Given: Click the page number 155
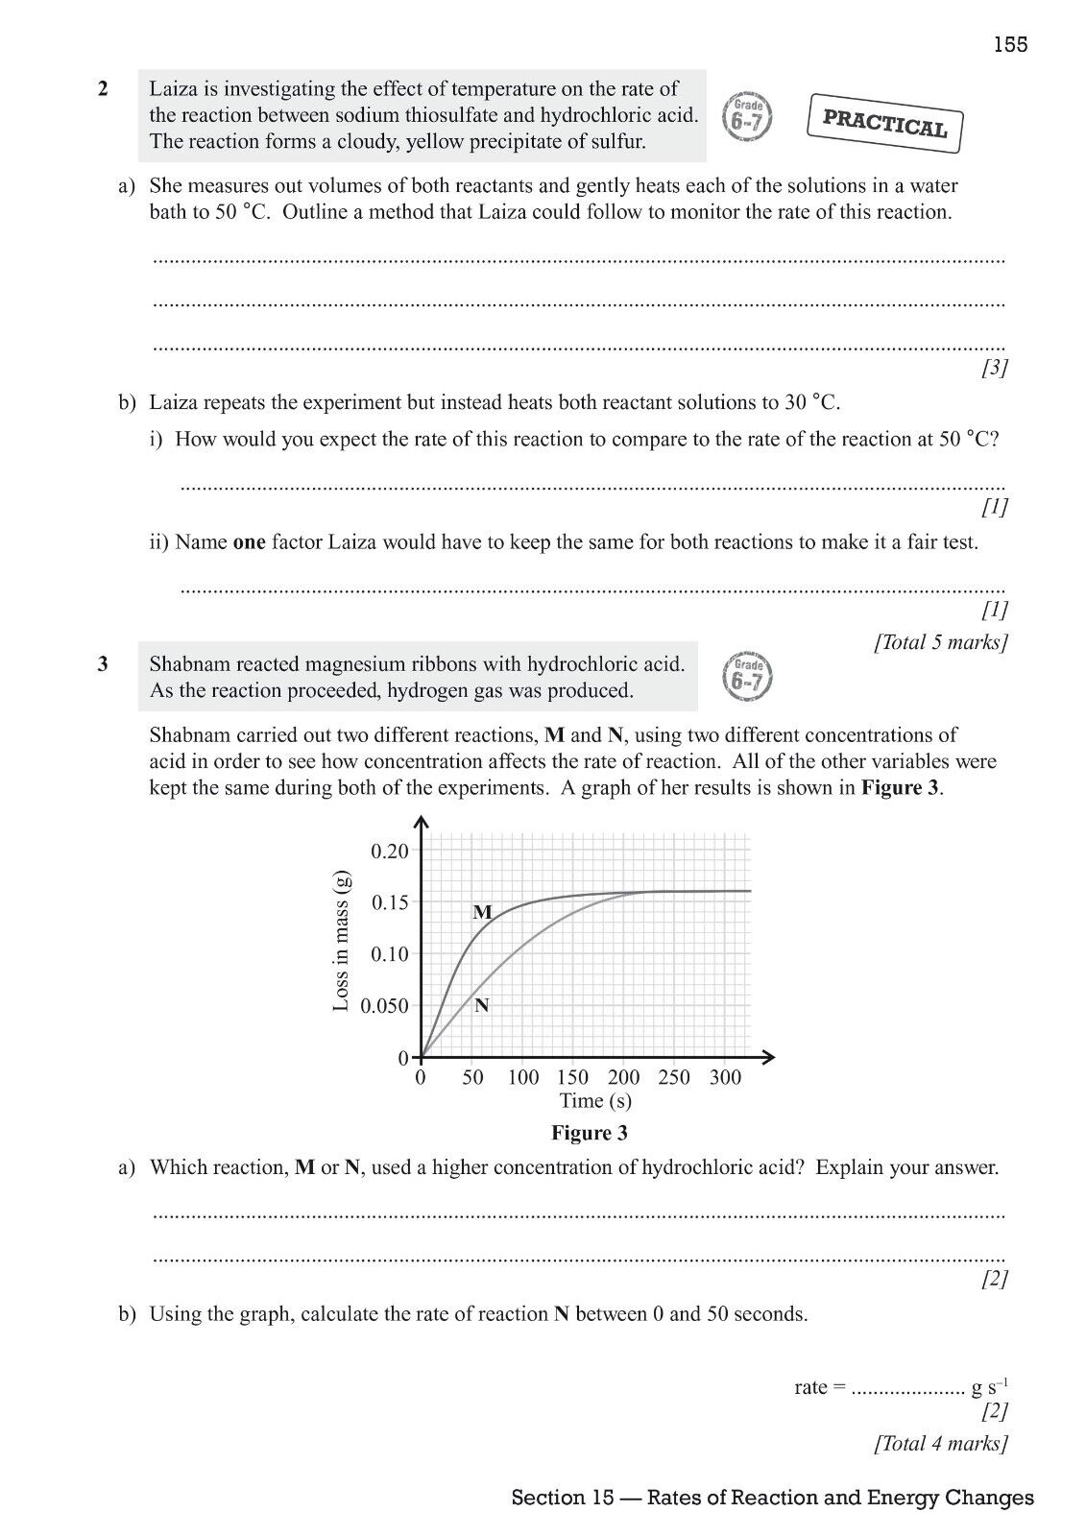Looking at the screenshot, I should tap(1010, 44).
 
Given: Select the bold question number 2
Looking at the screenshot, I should tap(103, 89).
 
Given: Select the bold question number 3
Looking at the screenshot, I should tap(103, 663).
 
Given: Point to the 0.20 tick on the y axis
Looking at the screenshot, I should tap(390, 851).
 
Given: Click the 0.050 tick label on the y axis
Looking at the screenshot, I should tap(384, 1006).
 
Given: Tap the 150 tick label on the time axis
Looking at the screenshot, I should tap(573, 1077).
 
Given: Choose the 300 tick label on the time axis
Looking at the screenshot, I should tap(726, 1077).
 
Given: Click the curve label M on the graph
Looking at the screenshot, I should tap(482, 912).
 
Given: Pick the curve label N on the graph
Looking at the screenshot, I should tap(482, 1005).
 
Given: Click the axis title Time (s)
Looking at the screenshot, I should tap(595, 1101).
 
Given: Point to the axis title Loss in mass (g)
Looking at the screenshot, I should tap(341, 939).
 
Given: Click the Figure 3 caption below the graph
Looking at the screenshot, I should tap(589, 1133).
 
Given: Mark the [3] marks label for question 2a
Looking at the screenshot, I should tap(994, 368).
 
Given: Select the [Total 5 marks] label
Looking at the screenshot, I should tap(940, 642).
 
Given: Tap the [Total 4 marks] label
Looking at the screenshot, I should tap(940, 1443).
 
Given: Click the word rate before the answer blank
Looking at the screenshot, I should tap(811, 1387).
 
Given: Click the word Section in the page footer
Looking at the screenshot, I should tap(547, 1498).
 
